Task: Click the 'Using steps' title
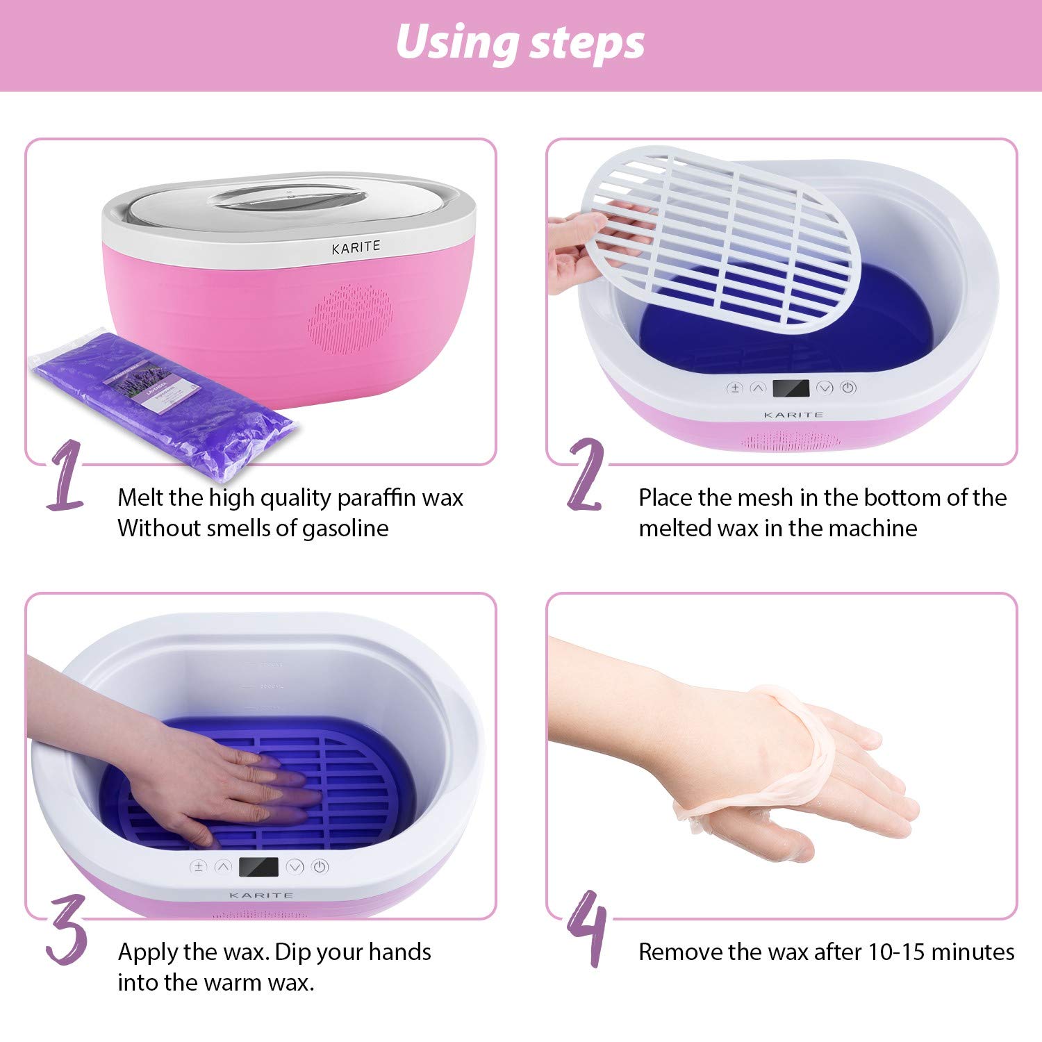point(520,43)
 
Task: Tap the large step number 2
point(586,476)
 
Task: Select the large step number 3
point(67,929)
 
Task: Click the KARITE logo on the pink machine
point(356,247)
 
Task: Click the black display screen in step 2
point(791,388)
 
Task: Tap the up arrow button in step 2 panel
point(759,388)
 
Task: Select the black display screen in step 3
point(258,867)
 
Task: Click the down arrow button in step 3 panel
point(295,867)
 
